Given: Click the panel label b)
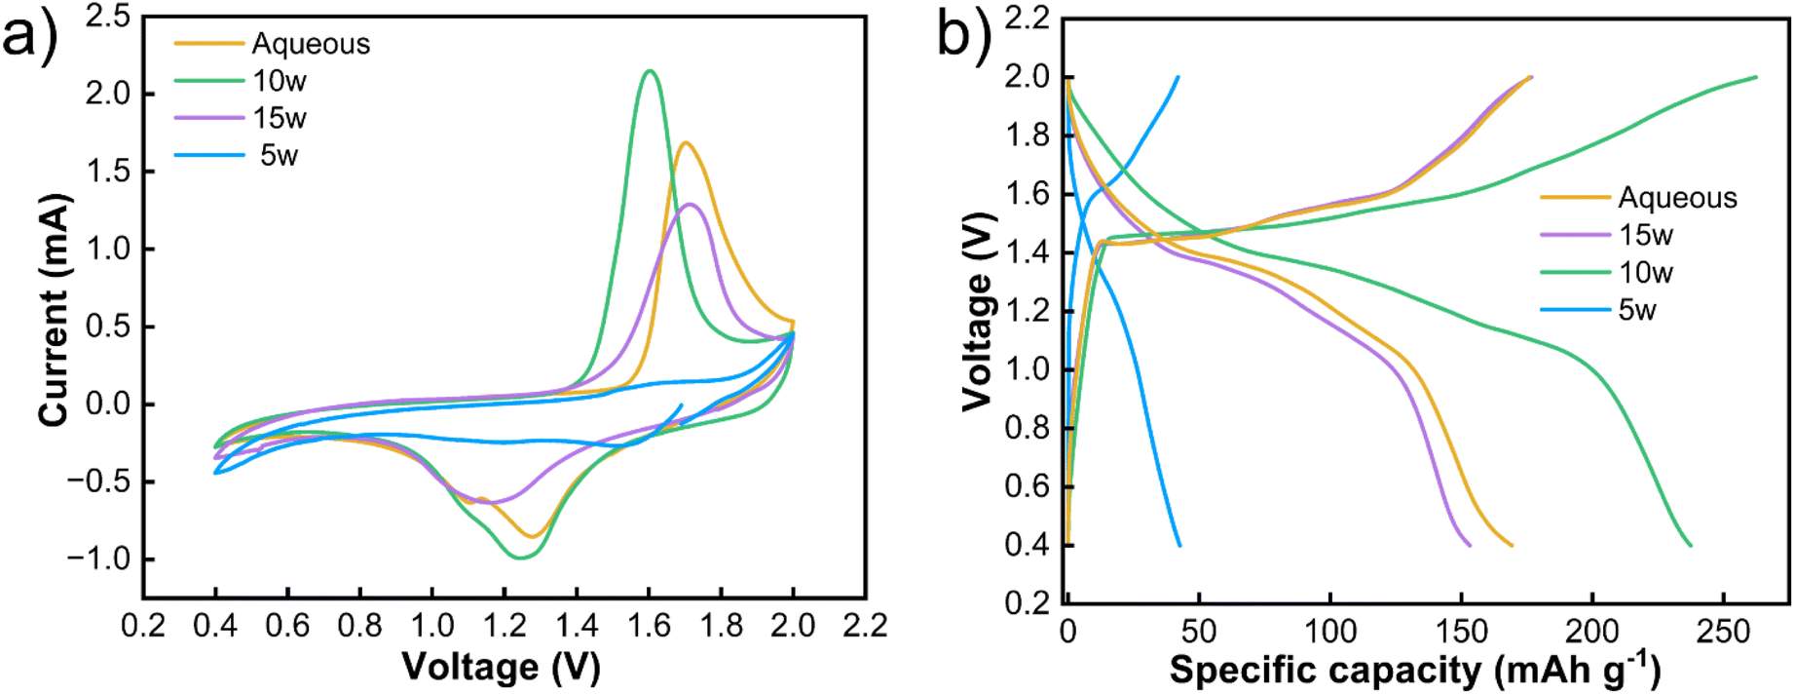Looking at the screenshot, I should coord(964,37).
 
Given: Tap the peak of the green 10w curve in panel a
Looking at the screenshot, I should coord(650,71).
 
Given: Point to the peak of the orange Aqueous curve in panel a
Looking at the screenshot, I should coord(686,143).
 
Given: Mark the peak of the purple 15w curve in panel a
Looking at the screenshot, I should coord(691,205).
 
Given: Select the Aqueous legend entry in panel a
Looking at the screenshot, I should coord(311,44).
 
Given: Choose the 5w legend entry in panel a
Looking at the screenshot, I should coord(279,155).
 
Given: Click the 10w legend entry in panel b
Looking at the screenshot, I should coord(1645,273).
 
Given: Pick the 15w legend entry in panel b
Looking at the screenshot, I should coord(1645,235).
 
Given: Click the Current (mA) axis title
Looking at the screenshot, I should coord(55,309).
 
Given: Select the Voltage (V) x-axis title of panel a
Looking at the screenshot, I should coord(502,667).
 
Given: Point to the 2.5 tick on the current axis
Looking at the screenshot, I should coord(107,18).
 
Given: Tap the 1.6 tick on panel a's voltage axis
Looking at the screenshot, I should coord(649,625).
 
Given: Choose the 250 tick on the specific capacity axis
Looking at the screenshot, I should coord(1724,632).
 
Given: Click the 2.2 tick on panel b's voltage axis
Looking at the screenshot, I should coord(1028,19).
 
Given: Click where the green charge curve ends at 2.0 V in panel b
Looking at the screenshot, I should coord(1756,77).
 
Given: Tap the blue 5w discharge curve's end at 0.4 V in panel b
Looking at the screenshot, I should coord(1179,545).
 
